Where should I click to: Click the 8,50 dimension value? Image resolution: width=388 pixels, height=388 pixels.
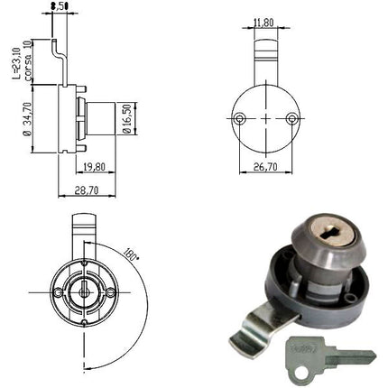click(60, 6)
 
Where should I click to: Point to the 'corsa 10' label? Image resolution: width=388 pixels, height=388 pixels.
click(28, 60)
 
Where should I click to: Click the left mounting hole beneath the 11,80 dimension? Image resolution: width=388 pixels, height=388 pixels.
click(240, 119)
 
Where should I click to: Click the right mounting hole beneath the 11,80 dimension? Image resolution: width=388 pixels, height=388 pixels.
click(291, 119)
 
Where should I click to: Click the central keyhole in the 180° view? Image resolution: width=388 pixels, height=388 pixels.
click(83, 292)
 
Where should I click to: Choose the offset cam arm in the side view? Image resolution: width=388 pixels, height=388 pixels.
click(62, 54)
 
